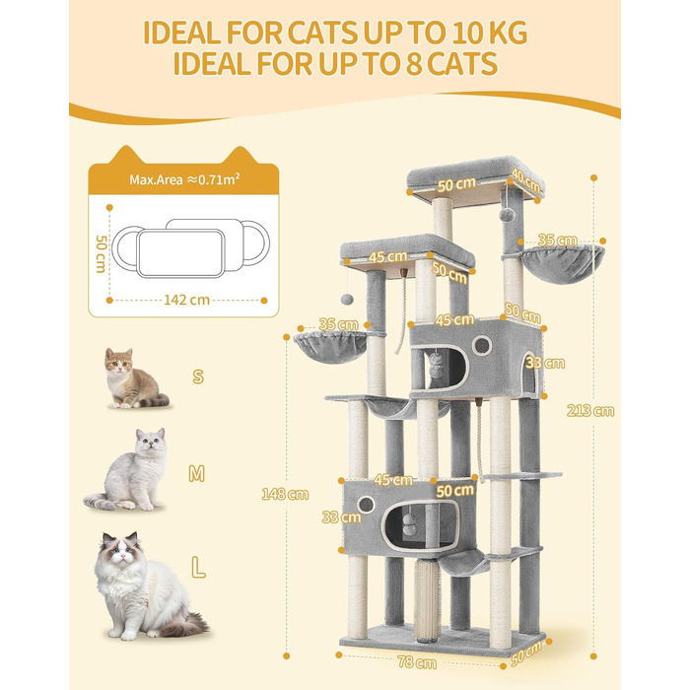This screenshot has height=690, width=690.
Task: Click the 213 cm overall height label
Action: (x=590, y=411)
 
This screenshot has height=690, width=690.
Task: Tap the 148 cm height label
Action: (x=285, y=494)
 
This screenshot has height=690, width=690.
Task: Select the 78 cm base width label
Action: (x=417, y=661)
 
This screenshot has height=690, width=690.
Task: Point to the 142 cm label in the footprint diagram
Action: (x=186, y=300)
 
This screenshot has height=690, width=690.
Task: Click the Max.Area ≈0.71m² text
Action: (x=184, y=179)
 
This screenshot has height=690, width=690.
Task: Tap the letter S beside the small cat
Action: (x=198, y=377)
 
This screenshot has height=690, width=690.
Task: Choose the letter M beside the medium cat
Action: (x=197, y=473)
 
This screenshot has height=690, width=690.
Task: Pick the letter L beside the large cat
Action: (x=198, y=568)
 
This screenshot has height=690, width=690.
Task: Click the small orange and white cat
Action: (x=133, y=379)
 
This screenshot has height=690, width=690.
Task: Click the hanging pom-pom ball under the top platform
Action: (x=508, y=214)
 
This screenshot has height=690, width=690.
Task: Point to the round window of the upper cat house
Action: (x=482, y=345)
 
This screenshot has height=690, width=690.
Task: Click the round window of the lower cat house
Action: (x=366, y=505)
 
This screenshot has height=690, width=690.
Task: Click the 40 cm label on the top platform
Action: (x=525, y=181)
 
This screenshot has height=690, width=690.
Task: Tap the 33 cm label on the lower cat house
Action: (x=341, y=517)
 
